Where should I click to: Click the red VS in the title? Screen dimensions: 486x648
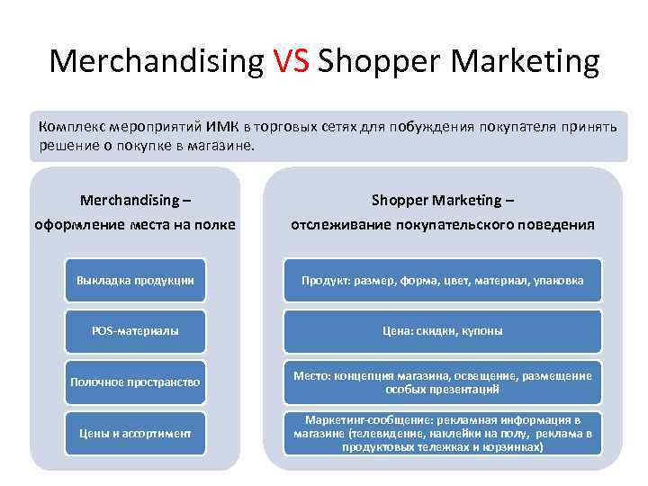coord(290,62)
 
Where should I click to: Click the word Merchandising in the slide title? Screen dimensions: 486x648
coord(157,62)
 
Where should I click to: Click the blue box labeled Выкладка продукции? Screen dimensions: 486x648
coord(135,281)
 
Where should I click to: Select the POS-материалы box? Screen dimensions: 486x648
coord(135,331)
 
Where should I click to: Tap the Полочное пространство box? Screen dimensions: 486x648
coord(135,382)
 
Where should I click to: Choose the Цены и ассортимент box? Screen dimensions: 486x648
coord(135,433)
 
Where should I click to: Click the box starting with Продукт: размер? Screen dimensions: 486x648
coord(442,281)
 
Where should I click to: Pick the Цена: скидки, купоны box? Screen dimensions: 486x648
coord(442,331)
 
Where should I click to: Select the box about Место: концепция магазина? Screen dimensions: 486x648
coord(442,382)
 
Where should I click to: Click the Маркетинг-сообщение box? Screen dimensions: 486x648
coord(442,433)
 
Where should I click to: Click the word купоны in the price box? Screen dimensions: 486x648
coord(480,331)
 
